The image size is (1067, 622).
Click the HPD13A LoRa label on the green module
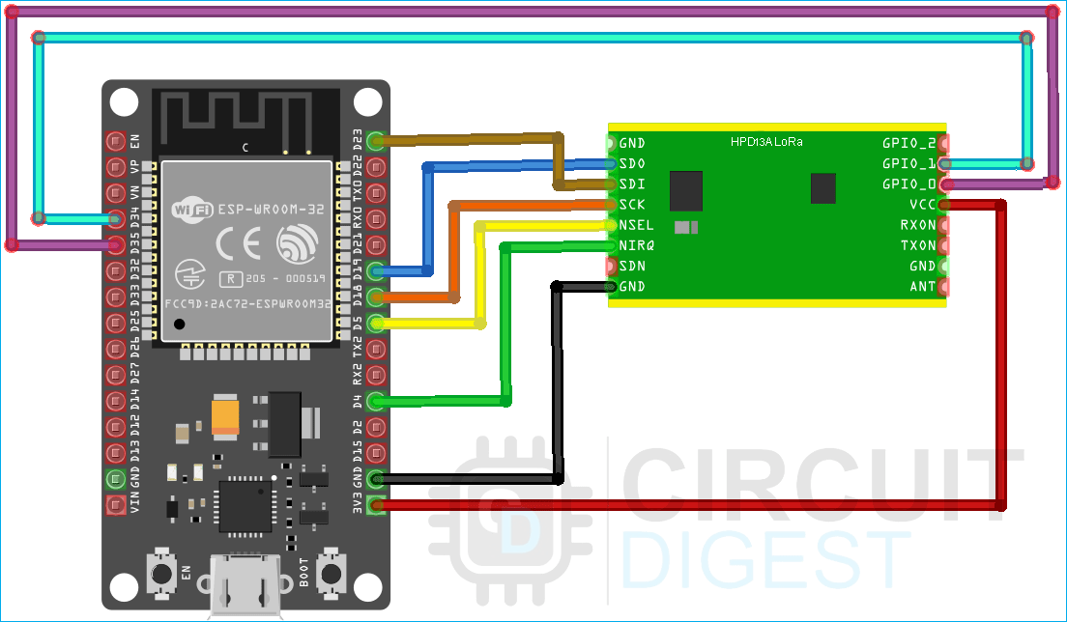[766, 142]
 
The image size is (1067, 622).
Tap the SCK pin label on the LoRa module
[632, 205]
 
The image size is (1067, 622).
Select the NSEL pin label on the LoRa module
[636, 225]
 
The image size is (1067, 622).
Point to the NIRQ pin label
[636, 245]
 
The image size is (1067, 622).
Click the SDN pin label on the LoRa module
[632, 266]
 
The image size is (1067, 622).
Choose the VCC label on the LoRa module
[922, 205]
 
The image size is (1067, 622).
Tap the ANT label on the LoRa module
[923, 286]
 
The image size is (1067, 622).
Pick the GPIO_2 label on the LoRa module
[908, 143]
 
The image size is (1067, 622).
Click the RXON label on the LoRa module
[918, 225]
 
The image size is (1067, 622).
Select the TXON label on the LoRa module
[918, 245]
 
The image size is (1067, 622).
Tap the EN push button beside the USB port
[159, 575]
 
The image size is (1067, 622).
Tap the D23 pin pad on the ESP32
[375, 141]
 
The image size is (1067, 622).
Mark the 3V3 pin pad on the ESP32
[375, 504]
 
